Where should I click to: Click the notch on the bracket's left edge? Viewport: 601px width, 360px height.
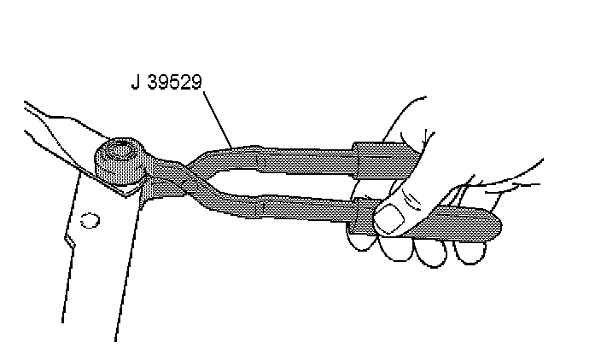[73, 243]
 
